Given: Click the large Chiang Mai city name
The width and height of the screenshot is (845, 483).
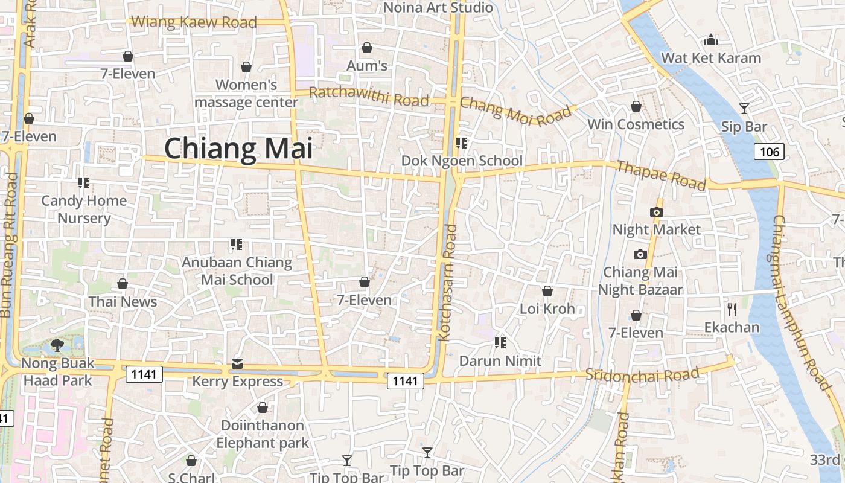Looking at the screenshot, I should tap(238, 149).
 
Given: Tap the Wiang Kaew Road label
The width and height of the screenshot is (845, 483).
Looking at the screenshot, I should tap(194, 22).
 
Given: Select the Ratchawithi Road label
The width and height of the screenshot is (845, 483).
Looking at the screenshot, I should tap(369, 97).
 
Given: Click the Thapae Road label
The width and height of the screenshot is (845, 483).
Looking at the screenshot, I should tap(661, 175).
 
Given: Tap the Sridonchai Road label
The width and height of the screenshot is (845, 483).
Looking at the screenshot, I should tap(642, 374).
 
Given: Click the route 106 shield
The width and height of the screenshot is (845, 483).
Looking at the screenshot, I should tap(769, 151).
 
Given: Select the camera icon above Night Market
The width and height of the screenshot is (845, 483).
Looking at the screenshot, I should tap(656, 212).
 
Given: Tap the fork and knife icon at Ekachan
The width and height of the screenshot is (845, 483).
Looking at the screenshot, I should tap(732, 310).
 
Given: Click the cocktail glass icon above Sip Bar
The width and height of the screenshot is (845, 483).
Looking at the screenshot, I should tap(744, 109).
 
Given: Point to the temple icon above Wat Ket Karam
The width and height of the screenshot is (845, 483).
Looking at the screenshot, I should tap(711, 40).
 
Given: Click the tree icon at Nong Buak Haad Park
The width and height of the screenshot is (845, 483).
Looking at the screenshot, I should tap(57, 345).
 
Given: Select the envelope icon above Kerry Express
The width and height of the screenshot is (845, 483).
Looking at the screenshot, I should tap(237, 364).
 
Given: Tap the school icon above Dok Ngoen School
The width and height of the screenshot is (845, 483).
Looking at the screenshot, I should tap(462, 143).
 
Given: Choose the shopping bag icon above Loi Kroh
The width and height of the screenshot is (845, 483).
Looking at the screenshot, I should tap(547, 291).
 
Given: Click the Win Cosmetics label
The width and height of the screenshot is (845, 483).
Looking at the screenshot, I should tap(636, 124).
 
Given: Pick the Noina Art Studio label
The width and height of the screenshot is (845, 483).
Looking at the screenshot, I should tap(438, 8).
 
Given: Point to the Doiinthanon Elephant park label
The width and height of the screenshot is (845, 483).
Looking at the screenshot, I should tap(263, 434).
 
